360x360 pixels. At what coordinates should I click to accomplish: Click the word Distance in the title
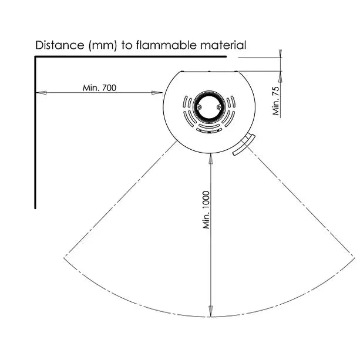pyautogui.click(x=60, y=45)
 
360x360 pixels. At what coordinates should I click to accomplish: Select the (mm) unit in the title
pyautogui.click(x=103, y=45)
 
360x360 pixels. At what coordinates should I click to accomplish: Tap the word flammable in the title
pyautogui.click(x=166, y=45)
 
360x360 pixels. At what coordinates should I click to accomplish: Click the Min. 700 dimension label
pyautogui.click(x=100, y=88)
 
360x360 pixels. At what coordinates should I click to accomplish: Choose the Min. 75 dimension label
pyautogui.click(x=276, y=101)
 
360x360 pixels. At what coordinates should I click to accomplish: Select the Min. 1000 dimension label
pyautogui.click(x=206, y=210)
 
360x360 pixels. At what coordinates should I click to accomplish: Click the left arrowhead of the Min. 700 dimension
pyautogui.click(x=41, y=93)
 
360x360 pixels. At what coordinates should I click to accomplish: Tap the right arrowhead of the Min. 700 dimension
pyautogui.click(x=157, y=93)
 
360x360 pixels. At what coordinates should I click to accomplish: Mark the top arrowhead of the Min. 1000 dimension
pyautogui.click(x=210, y=159)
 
